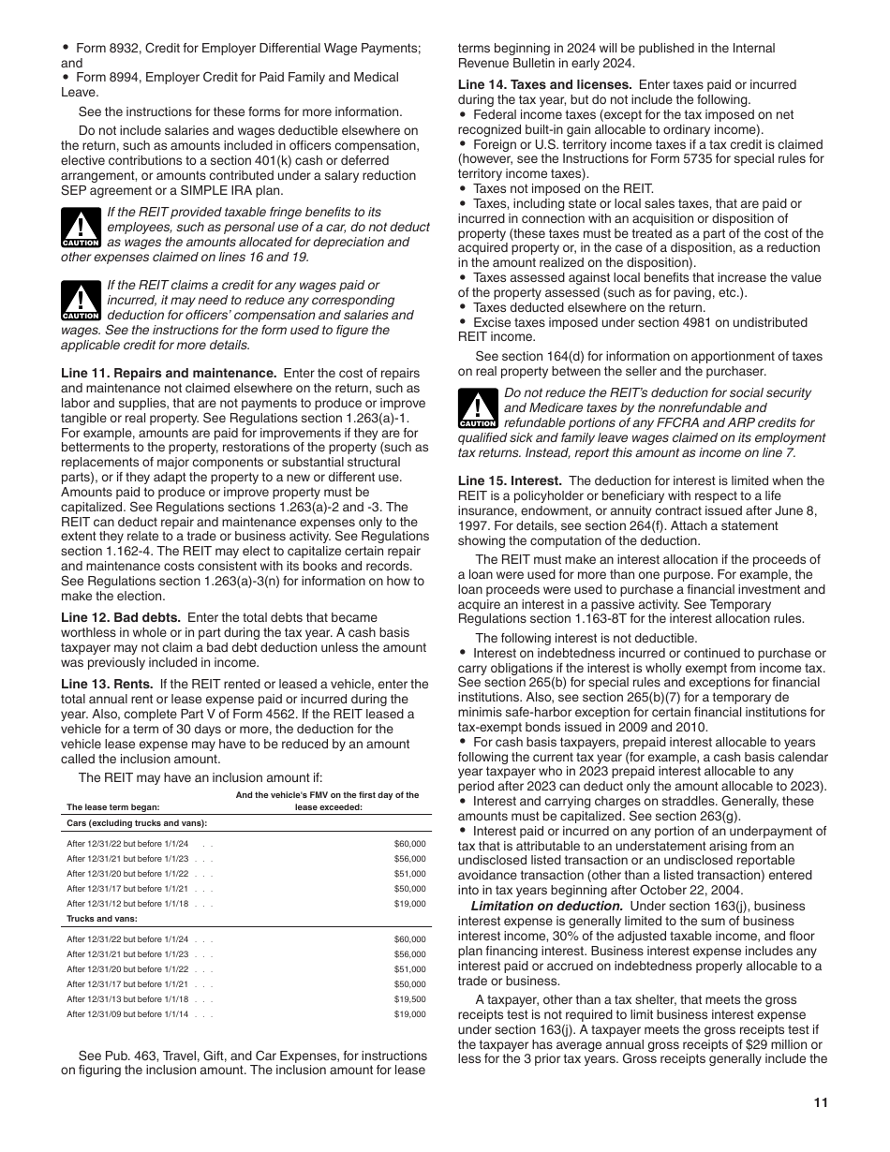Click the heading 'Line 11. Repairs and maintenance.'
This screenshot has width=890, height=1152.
[x=169, y=373]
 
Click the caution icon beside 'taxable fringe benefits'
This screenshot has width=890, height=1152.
[x=81, y=229]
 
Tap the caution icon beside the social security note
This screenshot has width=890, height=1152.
[x=478, y=409]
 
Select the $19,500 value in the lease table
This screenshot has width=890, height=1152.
[x=409, y=999]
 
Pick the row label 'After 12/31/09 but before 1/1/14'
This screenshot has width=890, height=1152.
[x=127, y=1014]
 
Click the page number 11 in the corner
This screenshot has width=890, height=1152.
[x=821, y=1103]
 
